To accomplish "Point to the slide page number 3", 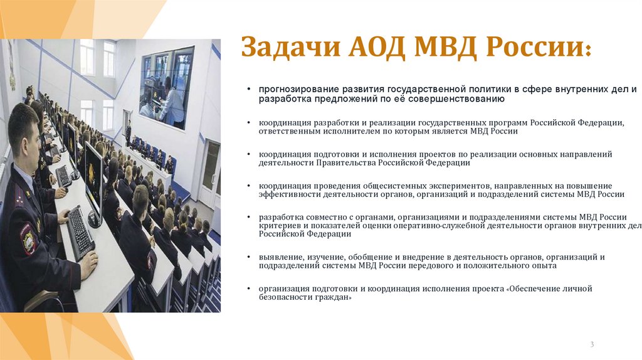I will pyautogui.click(x=592, y=344).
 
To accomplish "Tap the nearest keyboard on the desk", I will pyautogui.click(x=80, y=231).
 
